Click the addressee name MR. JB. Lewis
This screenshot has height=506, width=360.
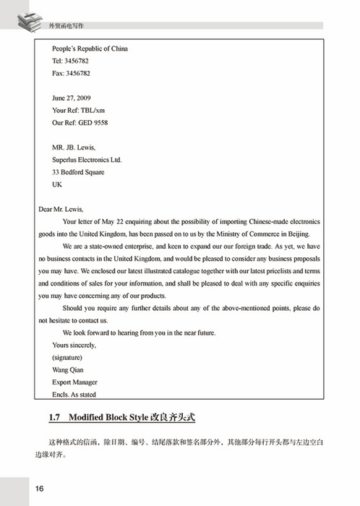(74, 147)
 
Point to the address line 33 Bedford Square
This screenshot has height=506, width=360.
(78, 172)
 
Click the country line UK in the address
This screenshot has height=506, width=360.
(57, 184)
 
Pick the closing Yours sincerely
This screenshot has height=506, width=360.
(74, 345)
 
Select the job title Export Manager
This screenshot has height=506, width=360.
(74, 382)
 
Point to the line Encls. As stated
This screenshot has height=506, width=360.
(74, 395)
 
